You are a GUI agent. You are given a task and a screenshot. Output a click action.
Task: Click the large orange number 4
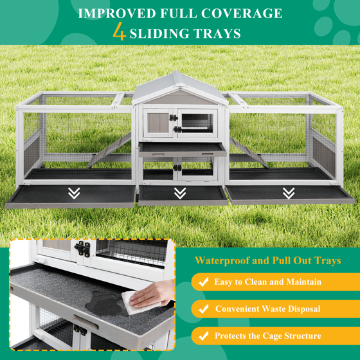(120, 32)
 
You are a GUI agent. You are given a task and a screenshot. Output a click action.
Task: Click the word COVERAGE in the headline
(242, 14)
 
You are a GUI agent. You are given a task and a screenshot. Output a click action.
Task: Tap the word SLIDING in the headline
(159, 33)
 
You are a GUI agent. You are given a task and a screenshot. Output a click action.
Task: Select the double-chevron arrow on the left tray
(74, 194)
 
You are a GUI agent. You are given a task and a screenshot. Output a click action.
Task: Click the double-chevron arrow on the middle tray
(180, 194)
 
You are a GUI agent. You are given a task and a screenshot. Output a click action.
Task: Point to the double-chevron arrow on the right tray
(289, 194)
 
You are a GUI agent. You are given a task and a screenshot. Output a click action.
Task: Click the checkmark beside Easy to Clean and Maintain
(203, 282)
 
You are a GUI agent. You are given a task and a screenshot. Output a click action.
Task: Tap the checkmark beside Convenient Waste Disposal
(203, 309)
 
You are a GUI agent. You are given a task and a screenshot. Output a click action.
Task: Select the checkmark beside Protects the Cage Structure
(203, 336)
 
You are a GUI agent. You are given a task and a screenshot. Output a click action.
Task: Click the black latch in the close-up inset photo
(82, 249)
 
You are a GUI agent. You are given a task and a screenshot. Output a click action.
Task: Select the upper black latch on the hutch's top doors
(174, 118)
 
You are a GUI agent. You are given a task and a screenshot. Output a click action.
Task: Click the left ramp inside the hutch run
(109, 150)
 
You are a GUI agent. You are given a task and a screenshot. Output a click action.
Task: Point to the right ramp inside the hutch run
(249, 152)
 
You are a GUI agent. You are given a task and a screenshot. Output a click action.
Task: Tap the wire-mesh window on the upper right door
(197, 123)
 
